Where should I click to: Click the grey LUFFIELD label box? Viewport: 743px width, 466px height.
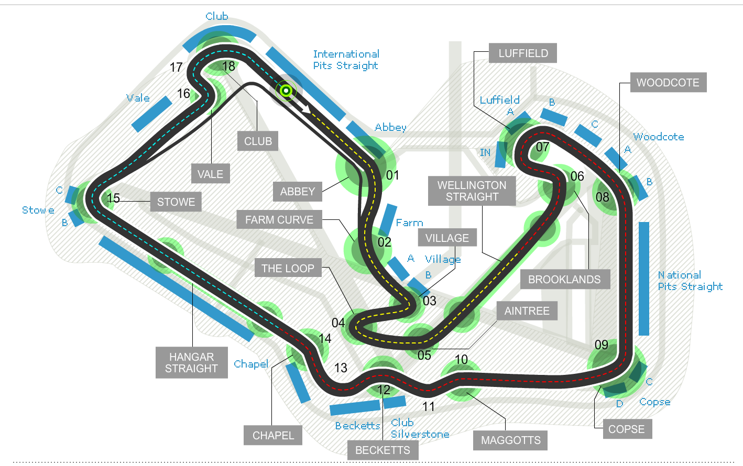click(x=523, y=53)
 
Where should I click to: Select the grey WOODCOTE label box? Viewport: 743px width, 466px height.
click(x=668, y=83)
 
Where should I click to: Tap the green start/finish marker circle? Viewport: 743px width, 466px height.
click(x=286, y=91)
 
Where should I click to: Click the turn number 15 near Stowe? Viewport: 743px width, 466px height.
click(x=114, y=198)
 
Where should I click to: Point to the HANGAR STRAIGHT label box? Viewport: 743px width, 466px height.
click(x=191, y=362)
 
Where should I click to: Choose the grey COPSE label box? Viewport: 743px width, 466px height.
click(x=626, y=429)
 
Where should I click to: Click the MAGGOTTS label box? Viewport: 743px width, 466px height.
click(x=510, y=440)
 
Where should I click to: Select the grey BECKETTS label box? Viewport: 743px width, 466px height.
click(x=383, y=450)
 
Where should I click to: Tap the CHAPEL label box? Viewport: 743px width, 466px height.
click(x=273, y=436)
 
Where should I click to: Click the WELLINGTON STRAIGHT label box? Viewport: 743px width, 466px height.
click(x=472, y=191)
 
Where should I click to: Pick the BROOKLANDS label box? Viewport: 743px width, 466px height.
click(x=564, y=280)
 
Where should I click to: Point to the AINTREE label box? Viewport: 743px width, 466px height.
click(x=527, y=311)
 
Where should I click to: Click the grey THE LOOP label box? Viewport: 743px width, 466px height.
click(x=288, y=269)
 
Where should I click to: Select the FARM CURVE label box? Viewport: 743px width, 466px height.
click(x=279, y=220)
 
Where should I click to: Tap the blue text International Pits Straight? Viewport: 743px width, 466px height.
click(x=346, y=60)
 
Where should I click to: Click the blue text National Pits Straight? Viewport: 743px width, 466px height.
click(x=690, y=281)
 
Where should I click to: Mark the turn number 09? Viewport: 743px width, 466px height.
click(x=602, y=345)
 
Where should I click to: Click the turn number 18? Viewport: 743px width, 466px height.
click(x=229, y=66)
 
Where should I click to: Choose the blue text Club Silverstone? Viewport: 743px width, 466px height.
click(x=419, y=428)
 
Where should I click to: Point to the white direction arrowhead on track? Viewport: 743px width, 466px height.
click(x=307, y=109)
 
